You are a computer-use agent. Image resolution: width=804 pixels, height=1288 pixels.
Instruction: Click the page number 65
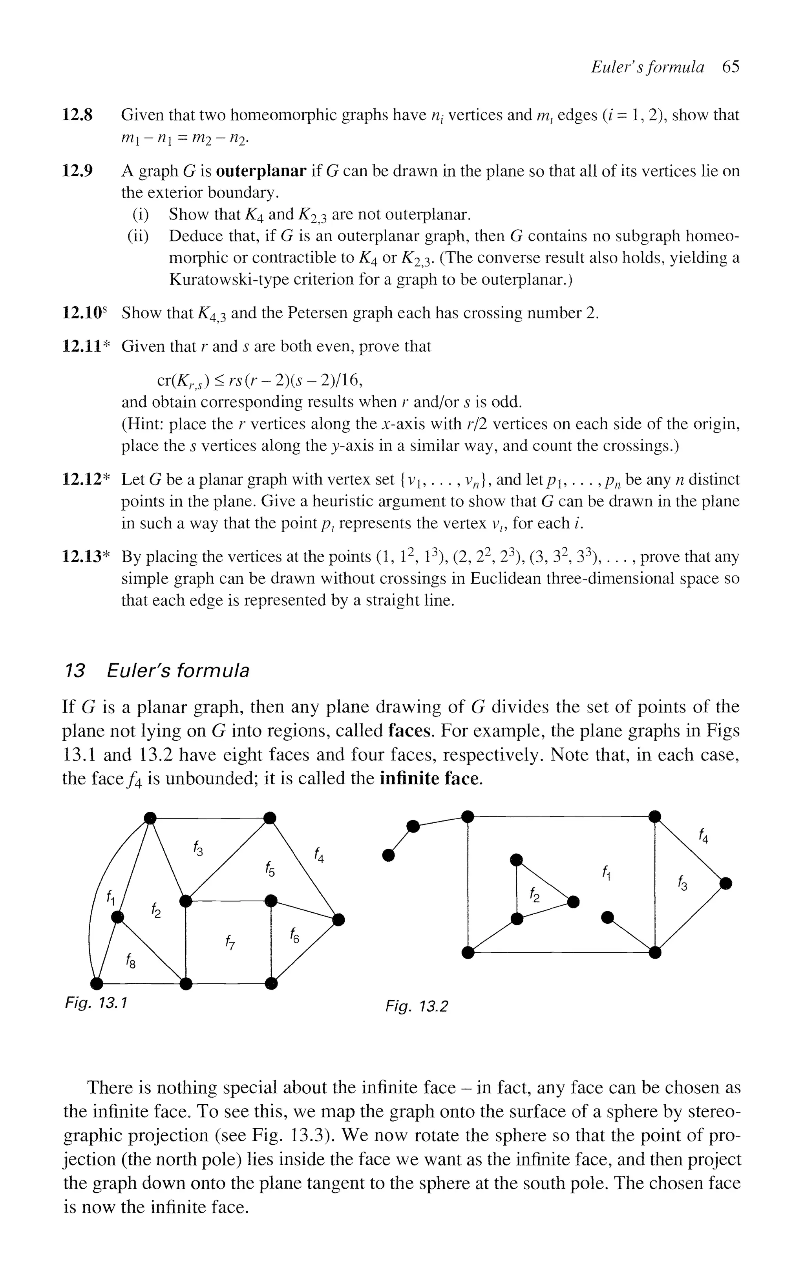click(731, 67)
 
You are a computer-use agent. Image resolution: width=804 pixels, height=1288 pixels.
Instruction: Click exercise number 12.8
click(78, 115)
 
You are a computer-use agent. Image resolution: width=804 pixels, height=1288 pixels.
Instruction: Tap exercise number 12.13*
click(85, 557)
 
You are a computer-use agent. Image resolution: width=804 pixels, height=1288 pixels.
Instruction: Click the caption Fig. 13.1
click(96, 1004)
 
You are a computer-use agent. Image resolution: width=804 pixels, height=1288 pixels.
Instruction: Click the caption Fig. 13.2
click(417, 1006)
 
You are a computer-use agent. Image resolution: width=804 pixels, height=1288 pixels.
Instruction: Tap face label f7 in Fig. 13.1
click(230, 943)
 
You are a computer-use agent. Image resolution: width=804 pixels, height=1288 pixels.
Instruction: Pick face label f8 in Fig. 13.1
click(130, 961)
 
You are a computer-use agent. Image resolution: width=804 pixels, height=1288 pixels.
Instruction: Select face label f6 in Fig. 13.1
click(294, 935)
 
